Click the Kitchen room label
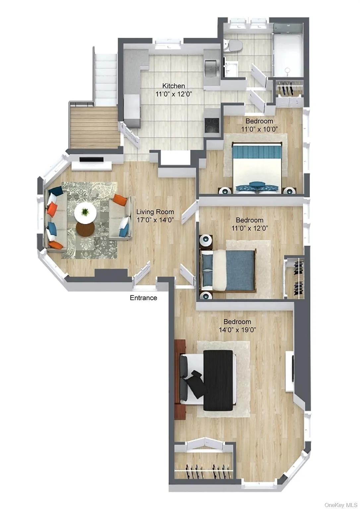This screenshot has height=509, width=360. pos(173,86)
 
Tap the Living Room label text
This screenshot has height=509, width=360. pos(155,212)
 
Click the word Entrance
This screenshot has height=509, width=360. pos(143,298)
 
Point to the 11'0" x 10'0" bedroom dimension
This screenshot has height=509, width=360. pos(259,129)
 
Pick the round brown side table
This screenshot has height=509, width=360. pos(86,228)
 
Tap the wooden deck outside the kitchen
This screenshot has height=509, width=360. pos(94,127)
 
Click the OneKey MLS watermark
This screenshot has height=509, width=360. pos(340,505)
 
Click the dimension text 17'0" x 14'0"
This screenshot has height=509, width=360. pos(155,219)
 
